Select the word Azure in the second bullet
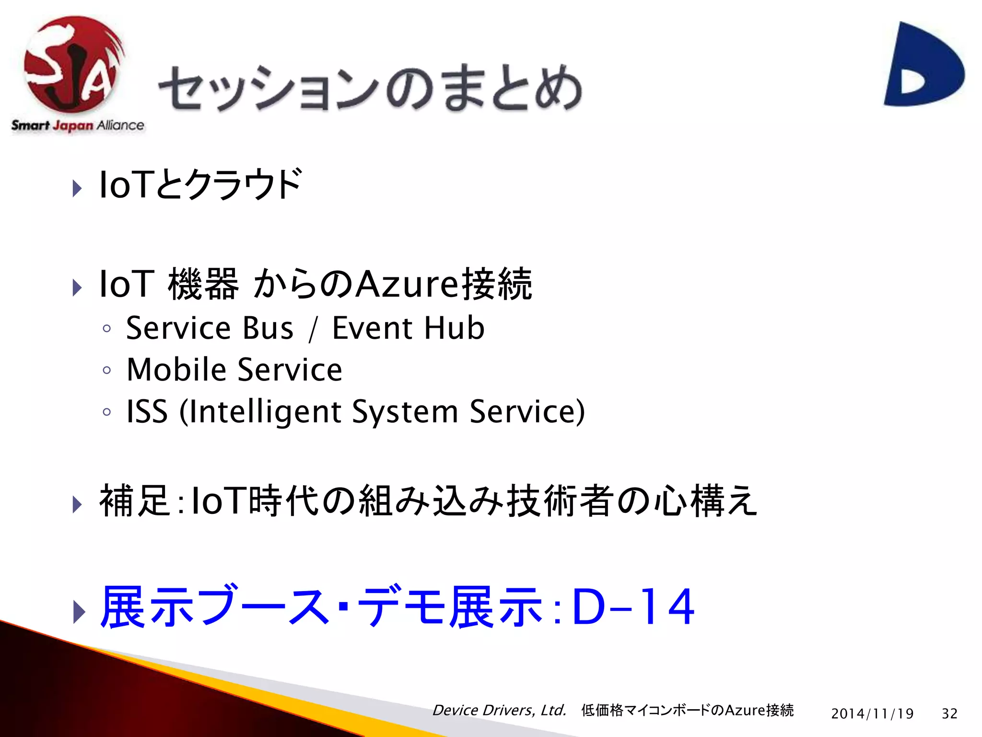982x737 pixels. tap(408, 284)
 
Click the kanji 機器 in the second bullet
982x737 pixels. tap(203, 284)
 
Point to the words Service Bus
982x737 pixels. tap(210, 328)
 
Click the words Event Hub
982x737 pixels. tap(408, 328)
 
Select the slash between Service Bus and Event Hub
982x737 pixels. tap(313, 329)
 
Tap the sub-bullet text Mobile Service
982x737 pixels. tap(234, 369)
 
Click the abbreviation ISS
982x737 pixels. tap(147, 411)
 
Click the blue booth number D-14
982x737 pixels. tap(633, 607)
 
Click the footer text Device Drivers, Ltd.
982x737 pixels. tap(499, 710)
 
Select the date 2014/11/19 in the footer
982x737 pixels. tap(872, 713)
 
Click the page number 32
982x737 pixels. tap(949, 713)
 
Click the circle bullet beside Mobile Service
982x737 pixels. tap(107, 370)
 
